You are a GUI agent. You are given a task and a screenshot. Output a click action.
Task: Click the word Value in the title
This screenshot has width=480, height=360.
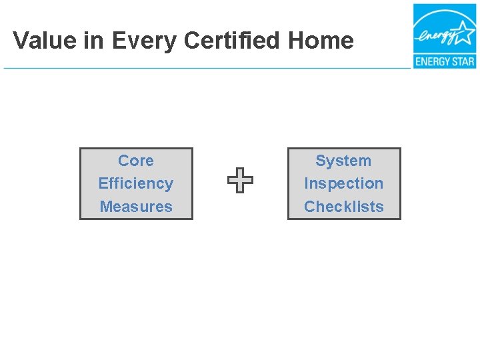tap(41, 41)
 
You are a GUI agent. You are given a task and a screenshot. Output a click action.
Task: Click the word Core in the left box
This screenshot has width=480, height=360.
tap(135, 161)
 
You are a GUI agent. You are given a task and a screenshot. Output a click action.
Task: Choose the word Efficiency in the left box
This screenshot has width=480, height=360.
tap(135, 183)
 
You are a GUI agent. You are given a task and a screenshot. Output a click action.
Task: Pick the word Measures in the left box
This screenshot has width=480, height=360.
tap(135, 207)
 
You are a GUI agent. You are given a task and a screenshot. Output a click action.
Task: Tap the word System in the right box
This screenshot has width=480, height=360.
tap(343, 161)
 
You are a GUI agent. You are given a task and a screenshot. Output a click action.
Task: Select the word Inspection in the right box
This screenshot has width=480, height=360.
tap(343, 183)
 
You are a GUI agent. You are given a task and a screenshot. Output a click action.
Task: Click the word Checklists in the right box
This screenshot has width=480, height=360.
tap(343, 207)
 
